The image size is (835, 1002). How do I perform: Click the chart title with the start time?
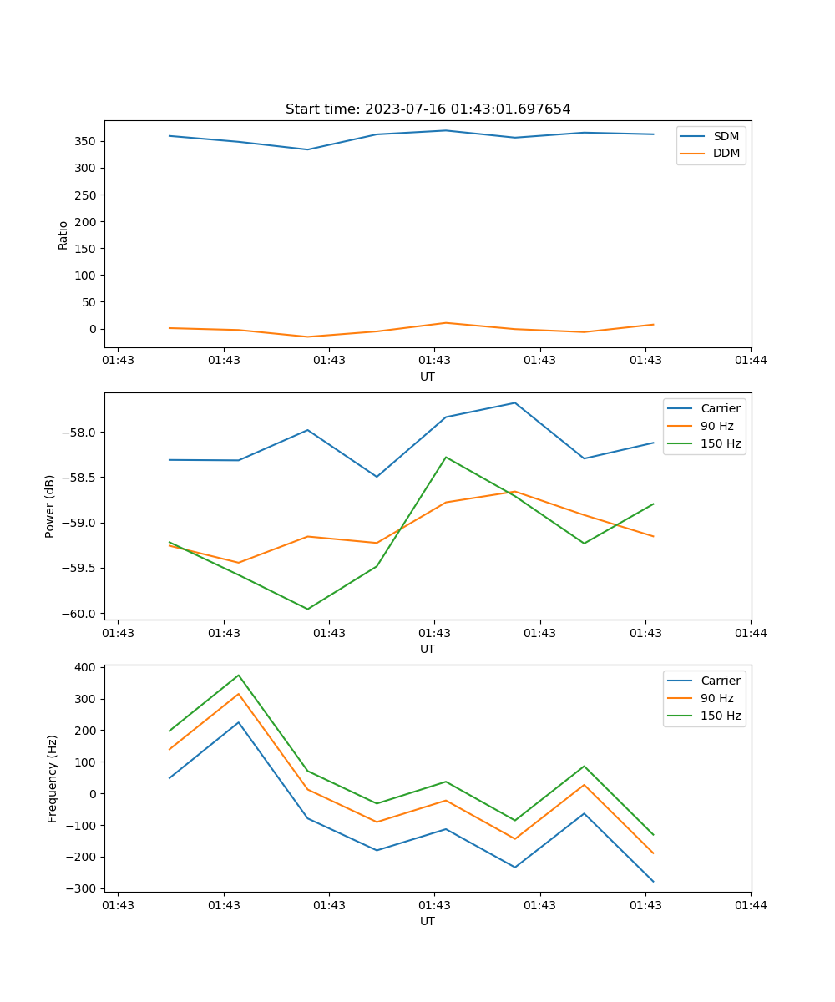tap(428, 109)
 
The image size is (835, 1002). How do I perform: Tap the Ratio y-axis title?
tap(63, 235)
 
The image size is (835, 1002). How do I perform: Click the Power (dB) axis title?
tap(50, 506)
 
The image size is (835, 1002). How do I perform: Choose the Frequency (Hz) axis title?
tap(53, 778)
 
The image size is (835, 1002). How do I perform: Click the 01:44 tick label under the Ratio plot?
tap(751, 361)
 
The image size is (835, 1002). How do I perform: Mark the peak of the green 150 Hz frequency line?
tap(239, 675)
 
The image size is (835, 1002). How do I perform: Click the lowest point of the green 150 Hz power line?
tap(307, 609)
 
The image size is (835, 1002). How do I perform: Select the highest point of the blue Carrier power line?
tap(515, 402)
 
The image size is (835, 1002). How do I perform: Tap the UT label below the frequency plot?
tap(428, 922)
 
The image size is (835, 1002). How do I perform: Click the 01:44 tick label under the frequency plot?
tap(751, 905)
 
